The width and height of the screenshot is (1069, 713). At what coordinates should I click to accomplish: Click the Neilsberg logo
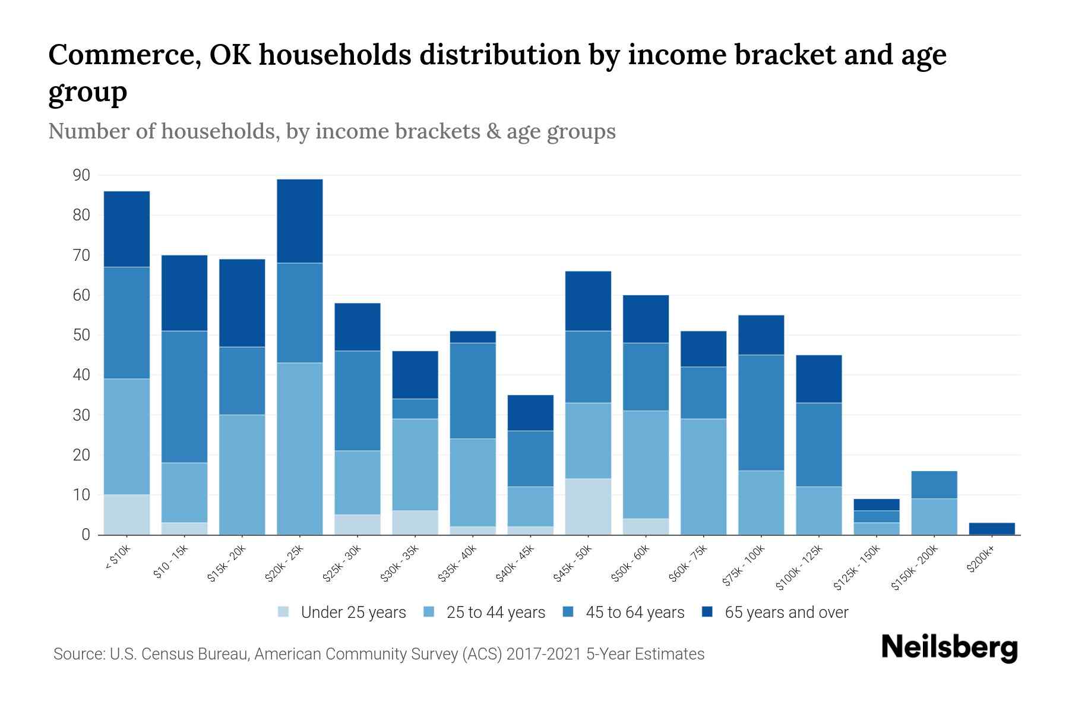(x=949, y=648)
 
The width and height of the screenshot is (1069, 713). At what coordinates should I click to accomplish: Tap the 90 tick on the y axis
(x=81, y=175)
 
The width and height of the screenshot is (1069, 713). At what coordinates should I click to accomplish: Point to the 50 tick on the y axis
(x=81, y=335)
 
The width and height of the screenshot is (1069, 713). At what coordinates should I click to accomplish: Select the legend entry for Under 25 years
(x=353, y=613)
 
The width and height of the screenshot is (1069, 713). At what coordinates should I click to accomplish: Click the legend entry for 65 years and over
(x=786, y=613)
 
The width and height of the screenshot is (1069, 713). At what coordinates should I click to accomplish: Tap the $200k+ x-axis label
(x=981, y=559)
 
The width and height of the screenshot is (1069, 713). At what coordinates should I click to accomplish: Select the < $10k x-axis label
(x=118, y=559)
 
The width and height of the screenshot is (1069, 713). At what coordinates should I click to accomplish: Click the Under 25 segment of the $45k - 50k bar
(x=588, y=506)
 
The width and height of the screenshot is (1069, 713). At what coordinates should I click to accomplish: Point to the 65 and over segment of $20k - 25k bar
(x=300, y=221)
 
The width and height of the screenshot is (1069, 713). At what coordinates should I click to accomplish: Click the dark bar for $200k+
(x=992, y=528)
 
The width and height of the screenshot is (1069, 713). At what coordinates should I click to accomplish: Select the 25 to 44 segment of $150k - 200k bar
(x=934, y=516)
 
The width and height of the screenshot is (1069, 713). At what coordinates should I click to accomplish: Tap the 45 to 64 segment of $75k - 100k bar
(x=761, y=413)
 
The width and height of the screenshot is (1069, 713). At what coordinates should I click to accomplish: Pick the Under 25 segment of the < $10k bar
(x=126, y=515)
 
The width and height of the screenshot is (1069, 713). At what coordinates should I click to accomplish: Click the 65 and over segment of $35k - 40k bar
(x=473, y=337)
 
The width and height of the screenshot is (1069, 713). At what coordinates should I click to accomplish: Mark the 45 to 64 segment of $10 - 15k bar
(x=184, y=396)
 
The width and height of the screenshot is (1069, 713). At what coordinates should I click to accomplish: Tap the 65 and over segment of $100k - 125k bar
(x=818, y=379)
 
